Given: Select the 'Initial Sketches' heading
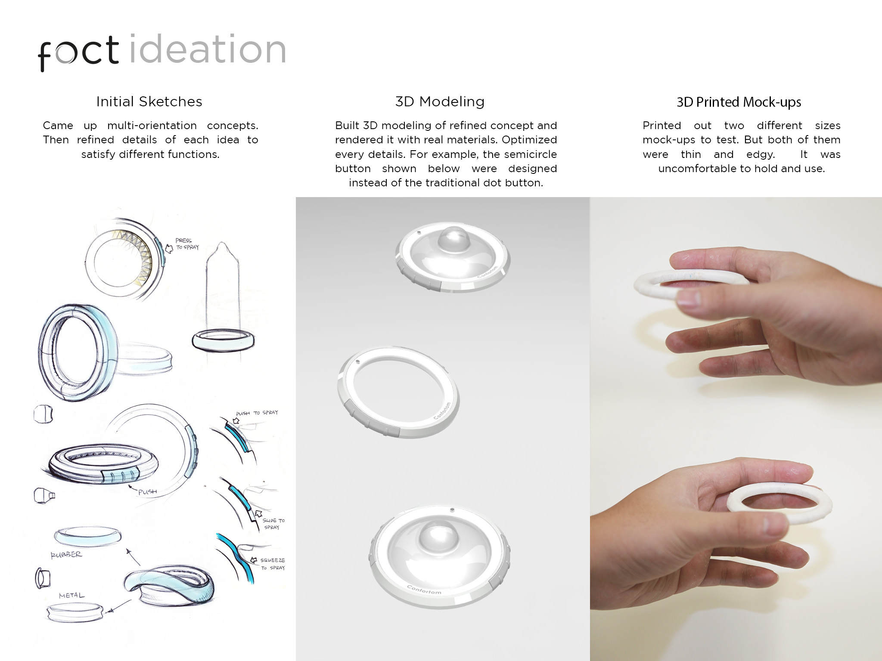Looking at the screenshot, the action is (x=149, y=102).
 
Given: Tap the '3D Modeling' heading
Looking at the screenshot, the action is (x=440, y=102).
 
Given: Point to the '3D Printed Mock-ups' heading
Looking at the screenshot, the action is (x=739, y=102).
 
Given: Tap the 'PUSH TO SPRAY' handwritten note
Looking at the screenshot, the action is (x=257, y=413).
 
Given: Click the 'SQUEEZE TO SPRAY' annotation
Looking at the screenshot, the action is (x=273, y=564).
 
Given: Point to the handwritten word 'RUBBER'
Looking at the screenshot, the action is (x=66, y=555).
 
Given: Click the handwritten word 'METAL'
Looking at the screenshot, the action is (x=72, y=596).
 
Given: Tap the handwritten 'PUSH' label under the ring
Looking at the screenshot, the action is (x=147, y=491).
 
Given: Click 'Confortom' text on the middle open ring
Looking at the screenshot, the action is (x=442, y=411).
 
